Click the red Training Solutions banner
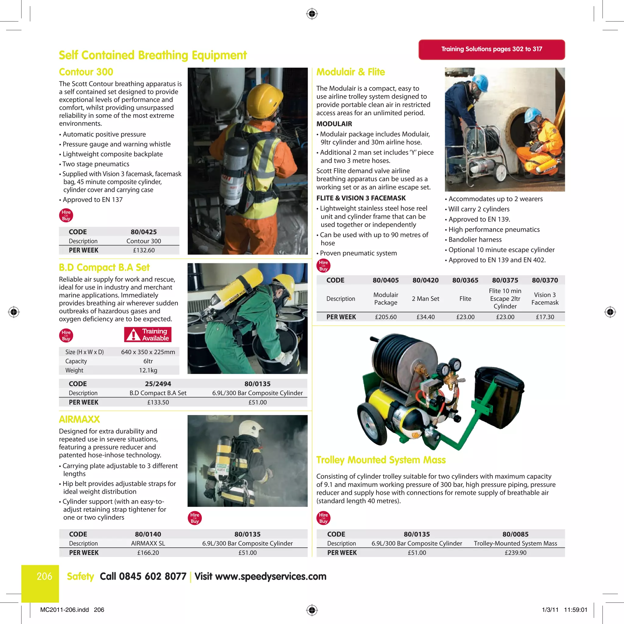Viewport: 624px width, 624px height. click(491, 49)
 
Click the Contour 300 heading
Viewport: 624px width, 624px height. click(86, 72)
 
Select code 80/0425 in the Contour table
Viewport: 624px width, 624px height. click(144, 232)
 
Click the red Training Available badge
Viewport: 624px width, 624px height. click(147, 335)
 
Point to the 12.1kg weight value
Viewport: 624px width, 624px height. click(148, 370)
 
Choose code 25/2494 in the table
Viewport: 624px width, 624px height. click(158, 384)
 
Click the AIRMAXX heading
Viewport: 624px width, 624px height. click(79, 419)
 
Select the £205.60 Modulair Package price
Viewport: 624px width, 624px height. click(386, 317)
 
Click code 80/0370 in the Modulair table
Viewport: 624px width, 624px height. click(544, 280)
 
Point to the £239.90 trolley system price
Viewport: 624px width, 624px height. click(515, 553)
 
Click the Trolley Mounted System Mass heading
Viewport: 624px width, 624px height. click(381, 459)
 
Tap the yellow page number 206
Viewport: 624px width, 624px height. click(44, 576)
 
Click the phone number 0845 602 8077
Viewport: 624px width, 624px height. click(152, 576)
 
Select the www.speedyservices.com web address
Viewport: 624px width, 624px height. click(270, 576)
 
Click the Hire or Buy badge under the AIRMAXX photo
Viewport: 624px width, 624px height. click(195, 518)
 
